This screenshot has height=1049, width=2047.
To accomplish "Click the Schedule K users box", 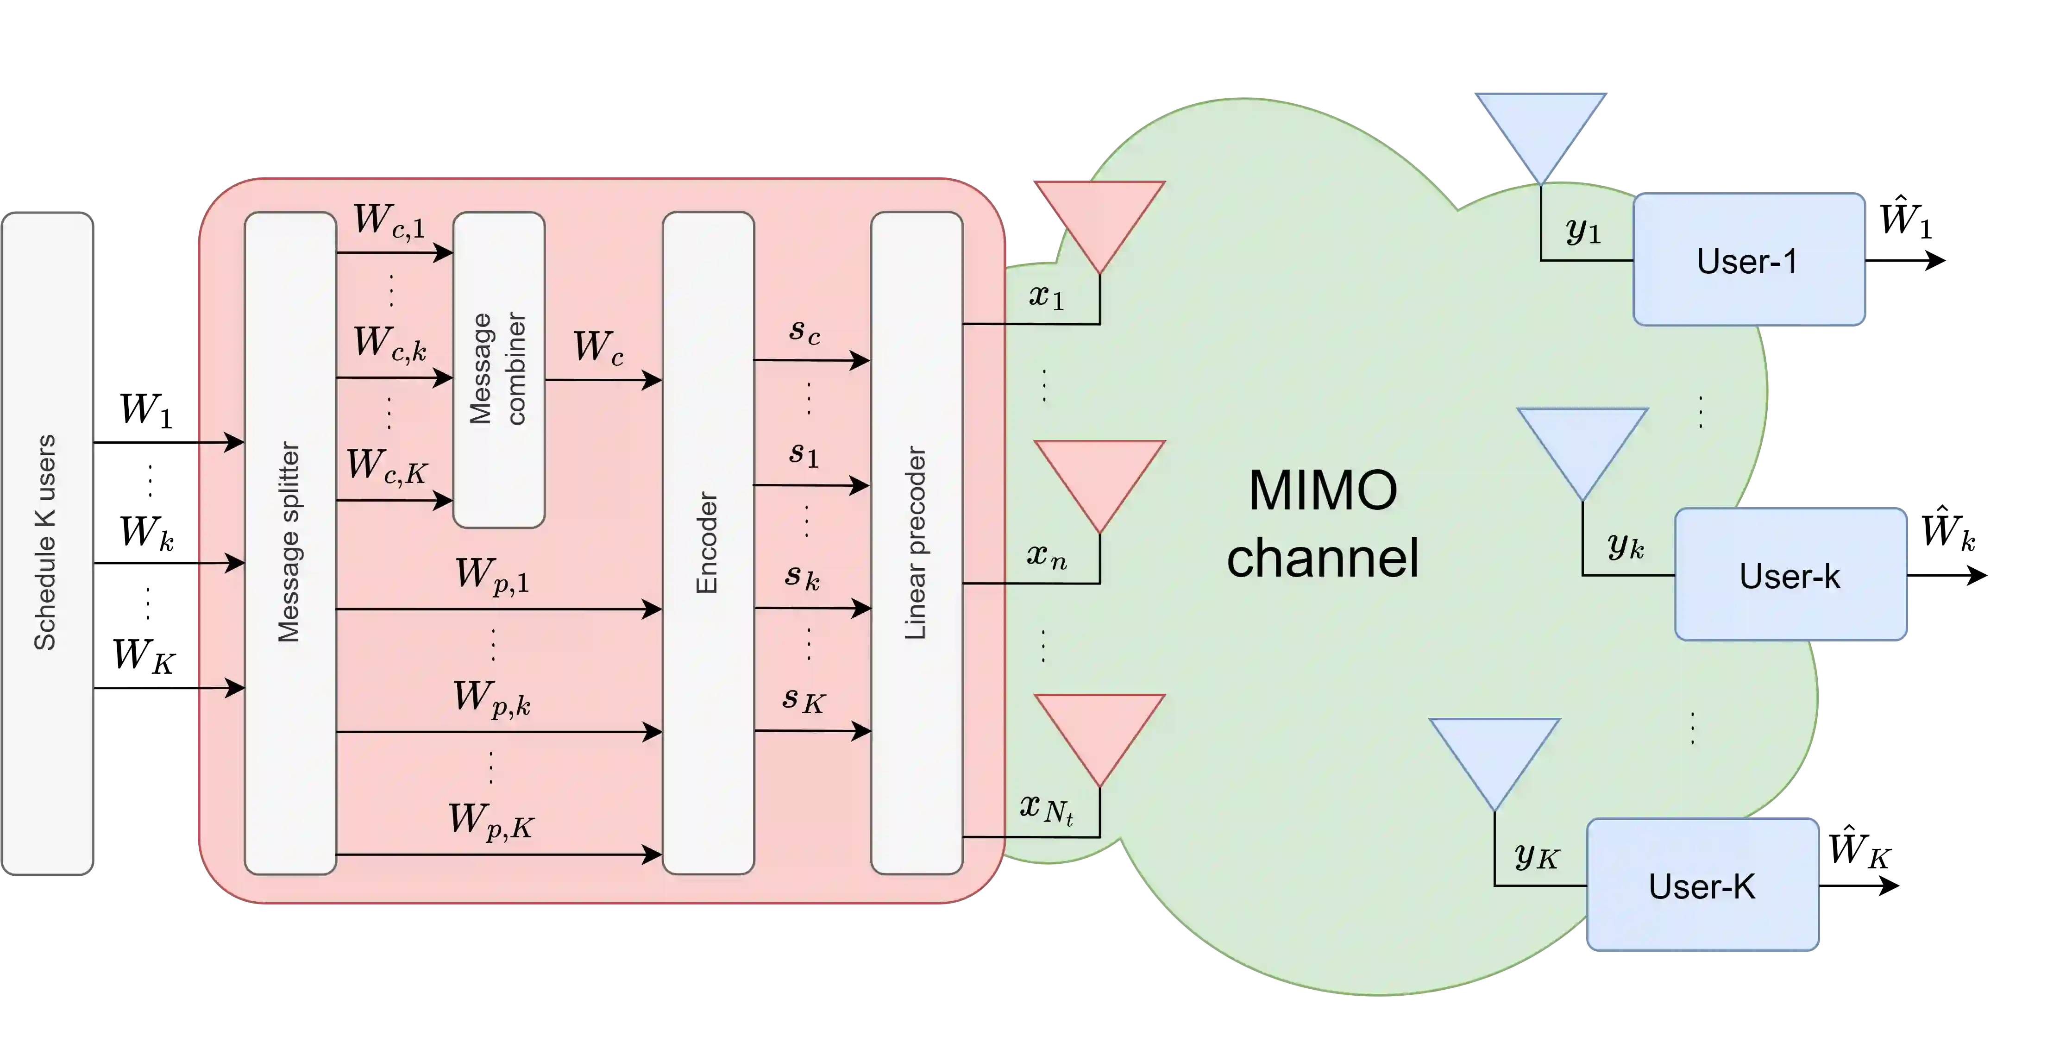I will coord(48,544).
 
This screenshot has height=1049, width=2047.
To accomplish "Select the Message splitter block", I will coord(290,544).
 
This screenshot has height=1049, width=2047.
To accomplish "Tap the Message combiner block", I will coord(498,370).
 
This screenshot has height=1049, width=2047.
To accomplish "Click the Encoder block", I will coord(707,544).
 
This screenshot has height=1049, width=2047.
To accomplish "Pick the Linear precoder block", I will coord(916,544).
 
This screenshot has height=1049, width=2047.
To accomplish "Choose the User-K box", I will coord(1702,885).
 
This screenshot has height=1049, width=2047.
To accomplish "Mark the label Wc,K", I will coord(387,466).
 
